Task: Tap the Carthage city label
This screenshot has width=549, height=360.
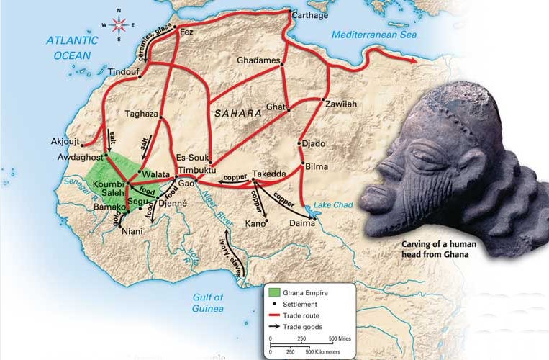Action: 310,14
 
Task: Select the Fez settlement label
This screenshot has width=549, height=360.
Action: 186,32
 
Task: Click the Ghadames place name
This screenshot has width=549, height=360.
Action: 258,60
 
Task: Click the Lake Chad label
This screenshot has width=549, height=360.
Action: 335,205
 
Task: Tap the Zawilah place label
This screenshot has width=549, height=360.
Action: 340,104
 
